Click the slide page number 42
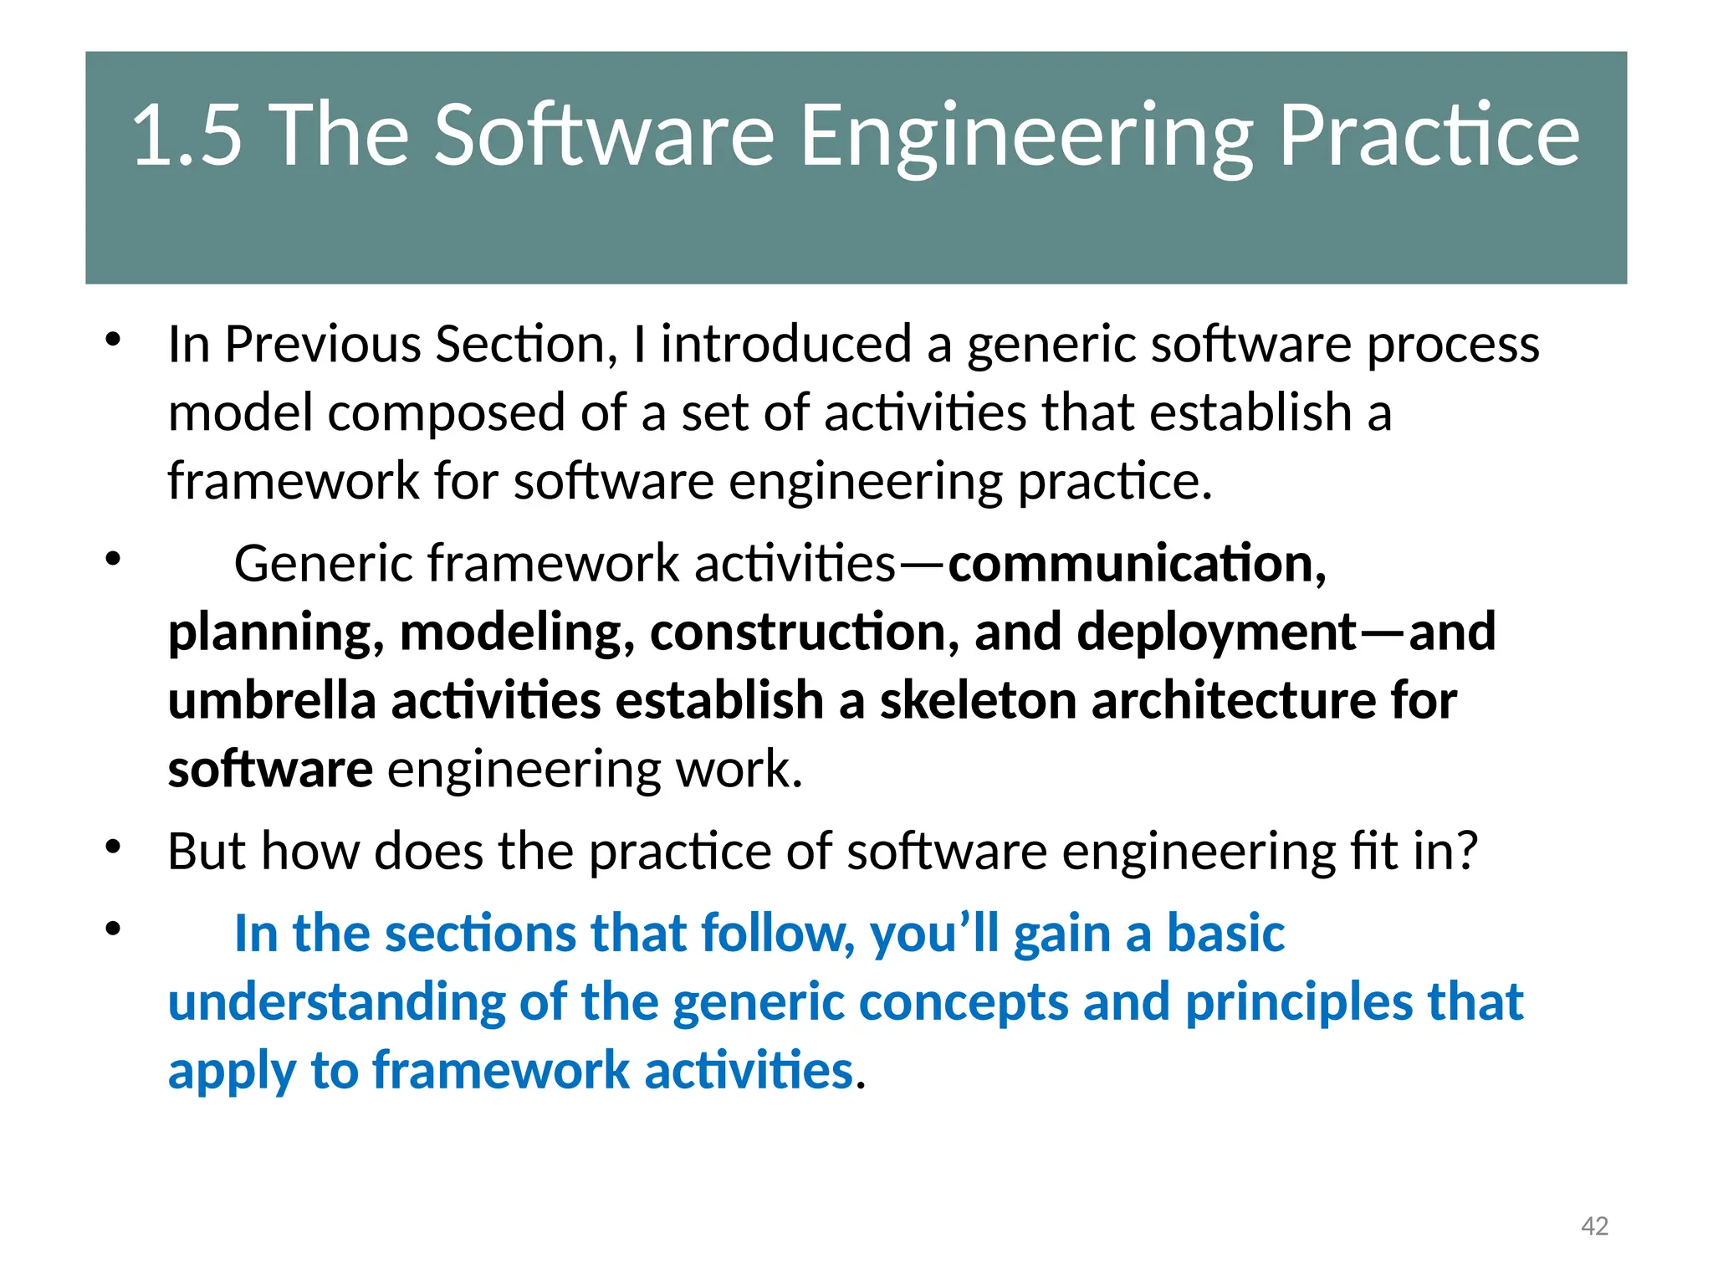coord(1594,1226)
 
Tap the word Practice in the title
coord(1429,136)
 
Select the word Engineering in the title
coord(1026,136)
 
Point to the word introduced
coord(786,344)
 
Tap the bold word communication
coord(1136,564)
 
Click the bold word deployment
coord(1216,633)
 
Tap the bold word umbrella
coord(272,700)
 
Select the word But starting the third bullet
coord(207,852)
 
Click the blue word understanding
coord(336,1003)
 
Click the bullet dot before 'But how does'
coord(114,847)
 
